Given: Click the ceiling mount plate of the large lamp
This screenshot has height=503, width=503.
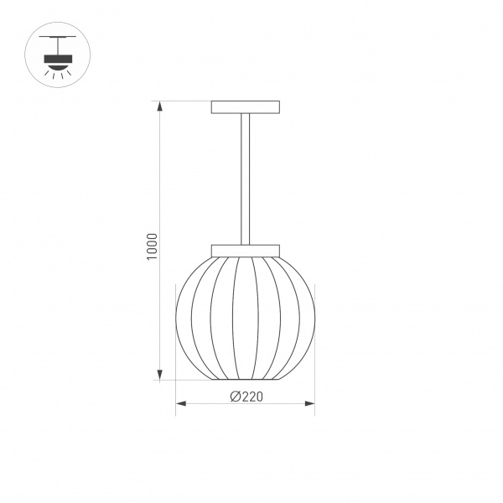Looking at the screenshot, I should pos(246,106).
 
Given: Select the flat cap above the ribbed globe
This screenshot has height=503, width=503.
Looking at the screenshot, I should pos(246,249).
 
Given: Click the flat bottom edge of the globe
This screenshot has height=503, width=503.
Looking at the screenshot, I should pos(245,380).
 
